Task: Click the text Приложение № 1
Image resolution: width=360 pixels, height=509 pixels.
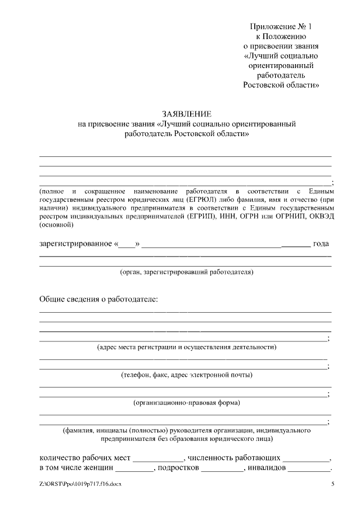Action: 280,27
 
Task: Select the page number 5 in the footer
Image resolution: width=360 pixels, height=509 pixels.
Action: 332,484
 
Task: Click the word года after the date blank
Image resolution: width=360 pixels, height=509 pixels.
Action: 321,245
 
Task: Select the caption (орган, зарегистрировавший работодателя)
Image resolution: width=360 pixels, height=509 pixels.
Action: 186,272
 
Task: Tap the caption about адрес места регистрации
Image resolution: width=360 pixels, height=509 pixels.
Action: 186,346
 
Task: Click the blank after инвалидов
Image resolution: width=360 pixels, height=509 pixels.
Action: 312,469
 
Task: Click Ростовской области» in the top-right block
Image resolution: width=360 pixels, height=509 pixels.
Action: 282,85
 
